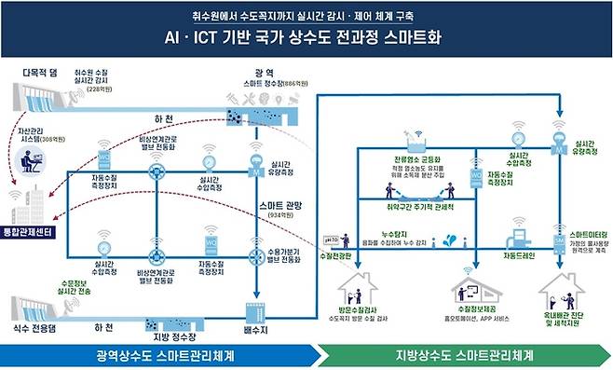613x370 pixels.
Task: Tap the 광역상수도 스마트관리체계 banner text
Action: coord(162,355)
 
